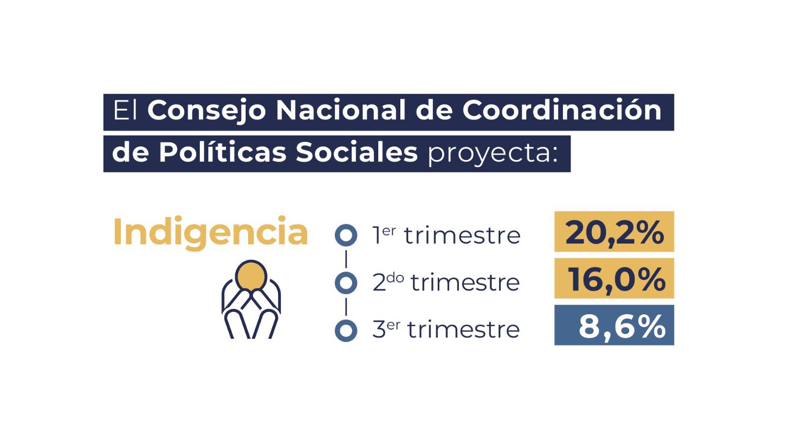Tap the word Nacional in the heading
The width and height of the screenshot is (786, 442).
pos(341,110)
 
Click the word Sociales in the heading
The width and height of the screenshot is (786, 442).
pos(357,152)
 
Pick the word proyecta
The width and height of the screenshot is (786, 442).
pos(493,154)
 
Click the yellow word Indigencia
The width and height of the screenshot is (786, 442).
pos(211,233)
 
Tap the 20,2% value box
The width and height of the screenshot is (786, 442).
pos(614,231)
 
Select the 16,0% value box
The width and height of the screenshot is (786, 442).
pos(614,278)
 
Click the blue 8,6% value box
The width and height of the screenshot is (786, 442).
pos(614,325)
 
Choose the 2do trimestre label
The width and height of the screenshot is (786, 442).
pos(446,282)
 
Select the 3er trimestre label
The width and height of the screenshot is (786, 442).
pos(446,330)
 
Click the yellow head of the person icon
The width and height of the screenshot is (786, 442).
pos(251,276)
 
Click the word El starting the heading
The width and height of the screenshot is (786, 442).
pos(125,110)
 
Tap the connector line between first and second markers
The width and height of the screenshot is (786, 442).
pos(346,259)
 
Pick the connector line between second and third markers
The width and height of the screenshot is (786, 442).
pos(346,307)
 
